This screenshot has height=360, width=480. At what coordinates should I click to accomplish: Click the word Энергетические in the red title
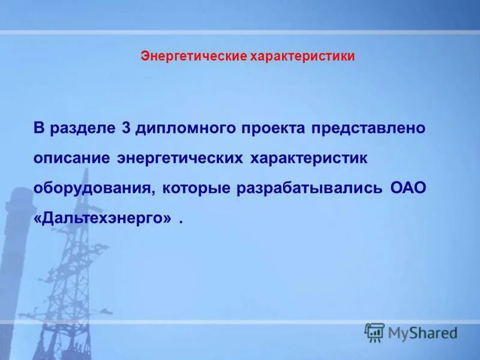(x=186, y=56)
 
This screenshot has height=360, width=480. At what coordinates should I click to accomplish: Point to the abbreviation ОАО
(x=408, y=188)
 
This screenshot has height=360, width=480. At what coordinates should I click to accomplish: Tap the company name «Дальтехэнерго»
(x=103, y=218)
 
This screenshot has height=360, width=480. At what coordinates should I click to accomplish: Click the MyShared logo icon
(x=374, y=332)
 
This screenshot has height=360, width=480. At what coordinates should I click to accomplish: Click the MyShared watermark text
(x=422, y=332)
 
